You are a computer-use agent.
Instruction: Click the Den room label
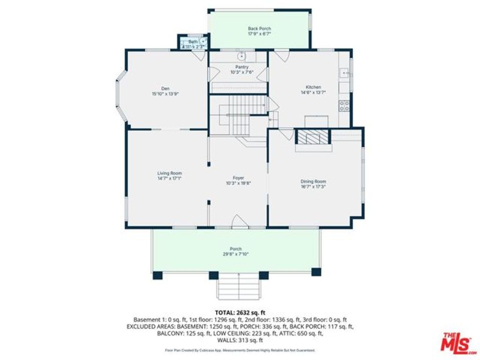click(x=165, y=88)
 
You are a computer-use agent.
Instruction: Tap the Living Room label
click(x=169, y=173)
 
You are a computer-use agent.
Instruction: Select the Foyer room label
click(x=239, y=178)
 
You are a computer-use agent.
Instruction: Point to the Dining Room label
click(x=313, y=181)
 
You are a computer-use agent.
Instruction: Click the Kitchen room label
click(x=313, y=87)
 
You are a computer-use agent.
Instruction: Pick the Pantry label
click(x=242, y=67)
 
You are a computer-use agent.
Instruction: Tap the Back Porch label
click(x=259, y=29)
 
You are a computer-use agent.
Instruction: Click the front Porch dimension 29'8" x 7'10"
click(x=236, y=254)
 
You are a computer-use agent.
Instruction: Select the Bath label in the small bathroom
click(x=193, y=42)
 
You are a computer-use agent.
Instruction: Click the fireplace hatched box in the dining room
click(x=314, y=137)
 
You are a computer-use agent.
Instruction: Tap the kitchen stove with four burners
click(x=345, y=106)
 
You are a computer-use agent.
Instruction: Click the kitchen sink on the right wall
click(x=345, y=73)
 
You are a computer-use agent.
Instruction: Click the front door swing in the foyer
click(x=238, y=221)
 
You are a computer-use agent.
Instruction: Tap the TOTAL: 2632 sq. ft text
click(x=240, y=312)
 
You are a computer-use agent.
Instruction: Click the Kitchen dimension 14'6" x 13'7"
click(x=313, y=93)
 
